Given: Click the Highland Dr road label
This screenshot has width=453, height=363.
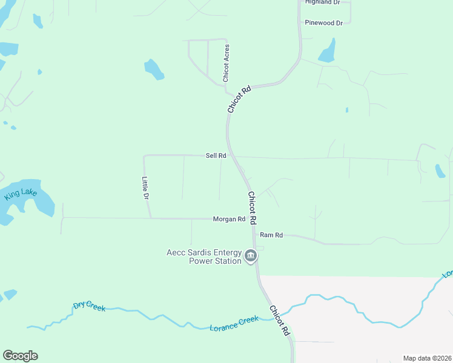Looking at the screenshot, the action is pos(323,2).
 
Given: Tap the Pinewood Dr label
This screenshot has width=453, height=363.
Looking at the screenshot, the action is pos(324,23).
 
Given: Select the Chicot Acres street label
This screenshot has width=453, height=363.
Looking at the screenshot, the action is pos(226,63).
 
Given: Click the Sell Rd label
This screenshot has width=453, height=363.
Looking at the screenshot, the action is pos(216,155).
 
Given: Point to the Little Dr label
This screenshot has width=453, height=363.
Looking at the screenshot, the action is pos(145,188).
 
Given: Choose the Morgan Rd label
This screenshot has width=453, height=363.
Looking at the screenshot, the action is pos(228,219).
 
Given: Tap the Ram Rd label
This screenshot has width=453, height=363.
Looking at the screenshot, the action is pos(271,235).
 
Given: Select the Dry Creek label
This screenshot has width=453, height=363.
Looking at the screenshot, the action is pos(89,306).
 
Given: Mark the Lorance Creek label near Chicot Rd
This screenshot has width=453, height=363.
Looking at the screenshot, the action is pos(234,324).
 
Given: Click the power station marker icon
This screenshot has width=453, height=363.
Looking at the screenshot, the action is pos(250,257).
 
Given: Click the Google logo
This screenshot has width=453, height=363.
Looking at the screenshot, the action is pos(20,356).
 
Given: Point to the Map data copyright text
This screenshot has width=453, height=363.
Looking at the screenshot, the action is pos(428,358).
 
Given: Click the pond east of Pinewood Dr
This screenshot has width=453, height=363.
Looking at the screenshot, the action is pos(328,51).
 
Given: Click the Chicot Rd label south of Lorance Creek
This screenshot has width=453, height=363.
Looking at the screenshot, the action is pos(280,321).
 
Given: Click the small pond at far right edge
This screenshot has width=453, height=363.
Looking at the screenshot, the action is pos(440,171).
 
